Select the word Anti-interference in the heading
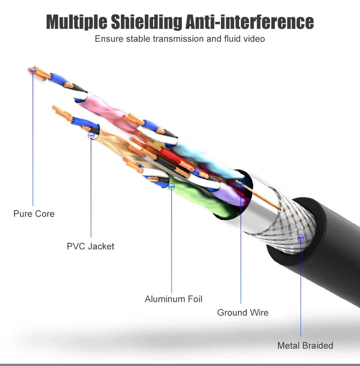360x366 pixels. [250, 22]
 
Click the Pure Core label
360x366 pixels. [34, 214]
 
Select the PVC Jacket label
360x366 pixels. [90, 246]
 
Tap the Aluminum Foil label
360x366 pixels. [174, 299]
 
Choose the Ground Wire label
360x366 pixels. [243, 313]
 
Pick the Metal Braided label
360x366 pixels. [305, 346]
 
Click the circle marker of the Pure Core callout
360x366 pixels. [33, 70]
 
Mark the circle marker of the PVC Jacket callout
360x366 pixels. [91, 135]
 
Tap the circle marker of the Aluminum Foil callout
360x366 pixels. [172, 186]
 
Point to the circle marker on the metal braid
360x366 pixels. [301, 238]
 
